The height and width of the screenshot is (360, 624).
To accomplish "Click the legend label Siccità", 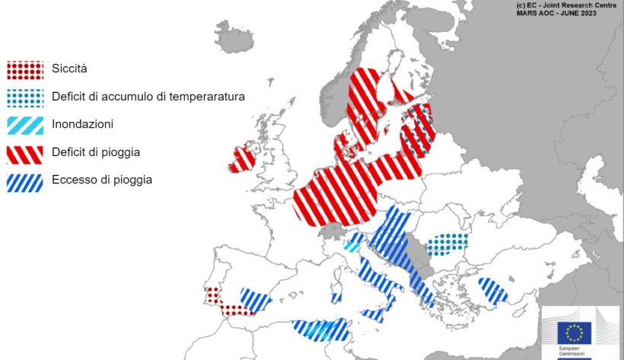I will (70, 69).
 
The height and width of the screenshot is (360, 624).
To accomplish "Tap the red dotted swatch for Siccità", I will (25, 69).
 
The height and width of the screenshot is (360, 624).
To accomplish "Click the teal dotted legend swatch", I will (25, 97).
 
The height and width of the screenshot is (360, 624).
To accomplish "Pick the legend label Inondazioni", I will (83, 124).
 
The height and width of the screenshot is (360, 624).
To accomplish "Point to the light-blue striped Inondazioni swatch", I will (25, 124).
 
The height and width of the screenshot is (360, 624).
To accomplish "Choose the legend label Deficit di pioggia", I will (96, 152).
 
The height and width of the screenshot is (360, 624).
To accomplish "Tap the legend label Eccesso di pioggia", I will (102, 180).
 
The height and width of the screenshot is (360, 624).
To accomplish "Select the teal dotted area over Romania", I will (447, 244).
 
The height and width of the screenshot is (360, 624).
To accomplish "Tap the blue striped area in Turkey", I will (492, 291).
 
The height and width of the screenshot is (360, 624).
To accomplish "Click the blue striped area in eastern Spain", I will (256, 299).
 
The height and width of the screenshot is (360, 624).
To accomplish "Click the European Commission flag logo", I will (574, 332).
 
